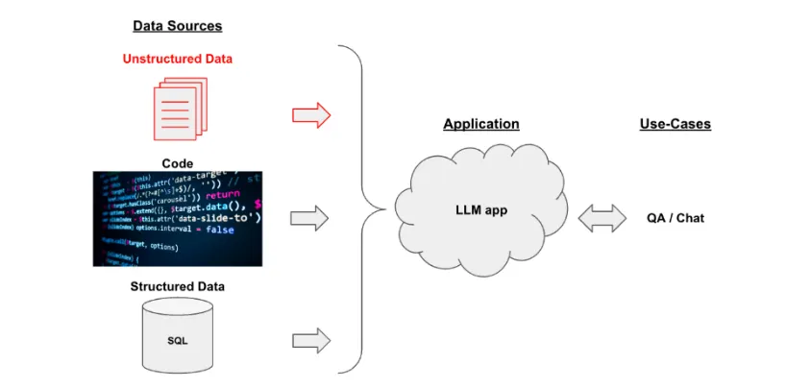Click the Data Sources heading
click(177, 27)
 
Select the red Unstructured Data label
click(177, 59)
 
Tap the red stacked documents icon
click(179, 111)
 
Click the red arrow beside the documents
click(310, 116)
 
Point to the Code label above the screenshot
click(177, 163)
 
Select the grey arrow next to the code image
click(310, 217)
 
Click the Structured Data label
click(177, 286)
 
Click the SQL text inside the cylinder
click(177, 341)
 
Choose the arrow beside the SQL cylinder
click(310, 339)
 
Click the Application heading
click(480, 124)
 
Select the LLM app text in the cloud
click(481, 209)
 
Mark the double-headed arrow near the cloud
click(602, 218)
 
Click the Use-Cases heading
click(675, 124)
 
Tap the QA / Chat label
click(675, 218)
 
